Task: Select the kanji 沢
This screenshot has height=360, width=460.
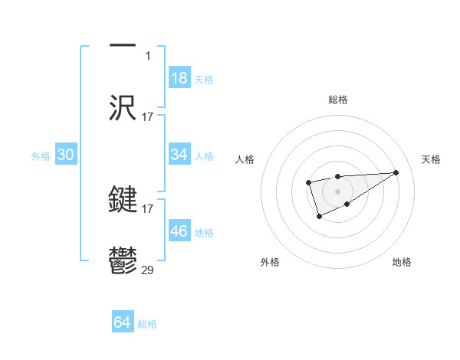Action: tap(123, 107)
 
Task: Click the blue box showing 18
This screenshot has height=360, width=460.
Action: tap(179, 78)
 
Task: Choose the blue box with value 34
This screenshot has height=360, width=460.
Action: tap(179, 155)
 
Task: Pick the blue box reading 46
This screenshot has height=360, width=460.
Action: tap(179, 231)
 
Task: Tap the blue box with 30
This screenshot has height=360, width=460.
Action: tap(66, 155)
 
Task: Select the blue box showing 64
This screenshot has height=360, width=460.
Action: tap(123, 322)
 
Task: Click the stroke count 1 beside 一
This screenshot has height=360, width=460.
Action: tap(148, 55)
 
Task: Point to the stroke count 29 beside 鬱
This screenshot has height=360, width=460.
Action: tap(148, 270)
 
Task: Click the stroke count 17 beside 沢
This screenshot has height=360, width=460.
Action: tap(148, 116)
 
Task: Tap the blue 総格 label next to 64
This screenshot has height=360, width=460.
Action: tap(147, 324)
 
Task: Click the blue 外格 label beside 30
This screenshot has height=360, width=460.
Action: tap(41, 156)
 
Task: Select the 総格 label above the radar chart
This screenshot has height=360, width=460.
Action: tap(337, 100)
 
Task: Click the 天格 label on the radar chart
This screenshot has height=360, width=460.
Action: tap(431, 159)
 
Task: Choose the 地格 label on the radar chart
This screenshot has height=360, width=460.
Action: tap(402, 262)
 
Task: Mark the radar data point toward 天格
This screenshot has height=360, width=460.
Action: tap(396, 172)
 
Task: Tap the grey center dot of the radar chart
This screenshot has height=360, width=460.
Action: tap(337, 191)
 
